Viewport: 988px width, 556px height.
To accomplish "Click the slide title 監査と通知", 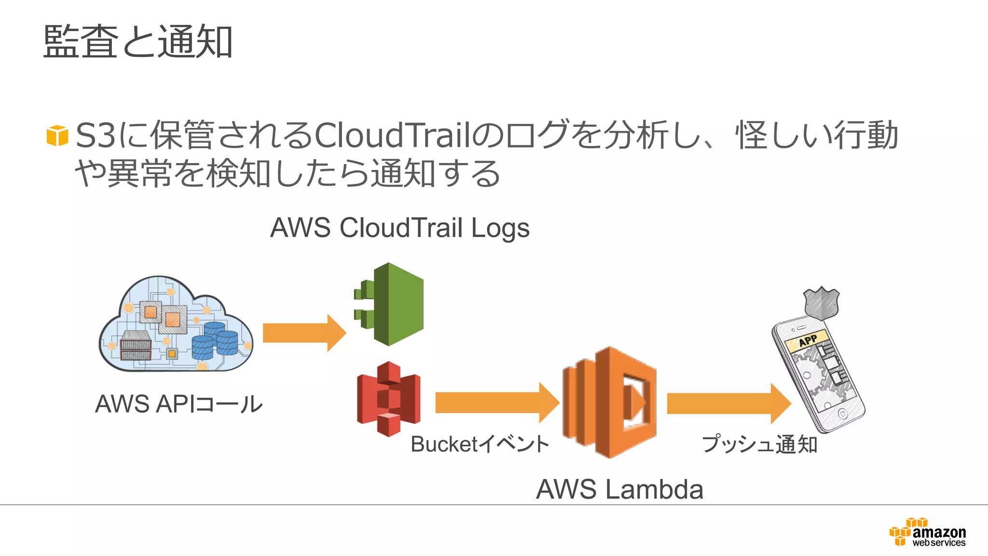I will point(138,42).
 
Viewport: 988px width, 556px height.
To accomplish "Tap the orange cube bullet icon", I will point(57,136).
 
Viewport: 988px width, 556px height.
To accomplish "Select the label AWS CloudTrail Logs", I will point(399,228).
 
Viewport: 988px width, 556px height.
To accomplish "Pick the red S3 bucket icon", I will point(389,399).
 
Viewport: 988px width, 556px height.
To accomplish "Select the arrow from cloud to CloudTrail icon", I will point(304,333).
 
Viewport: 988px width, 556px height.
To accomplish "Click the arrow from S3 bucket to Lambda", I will point(497,403).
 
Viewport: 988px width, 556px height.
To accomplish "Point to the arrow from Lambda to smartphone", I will point(728,403).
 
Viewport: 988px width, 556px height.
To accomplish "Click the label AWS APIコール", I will point(178,404).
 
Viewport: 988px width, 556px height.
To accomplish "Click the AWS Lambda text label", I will point(619,489).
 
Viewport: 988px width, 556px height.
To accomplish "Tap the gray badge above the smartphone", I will point(822,303).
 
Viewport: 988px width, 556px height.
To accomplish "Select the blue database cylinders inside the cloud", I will point(215,341).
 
